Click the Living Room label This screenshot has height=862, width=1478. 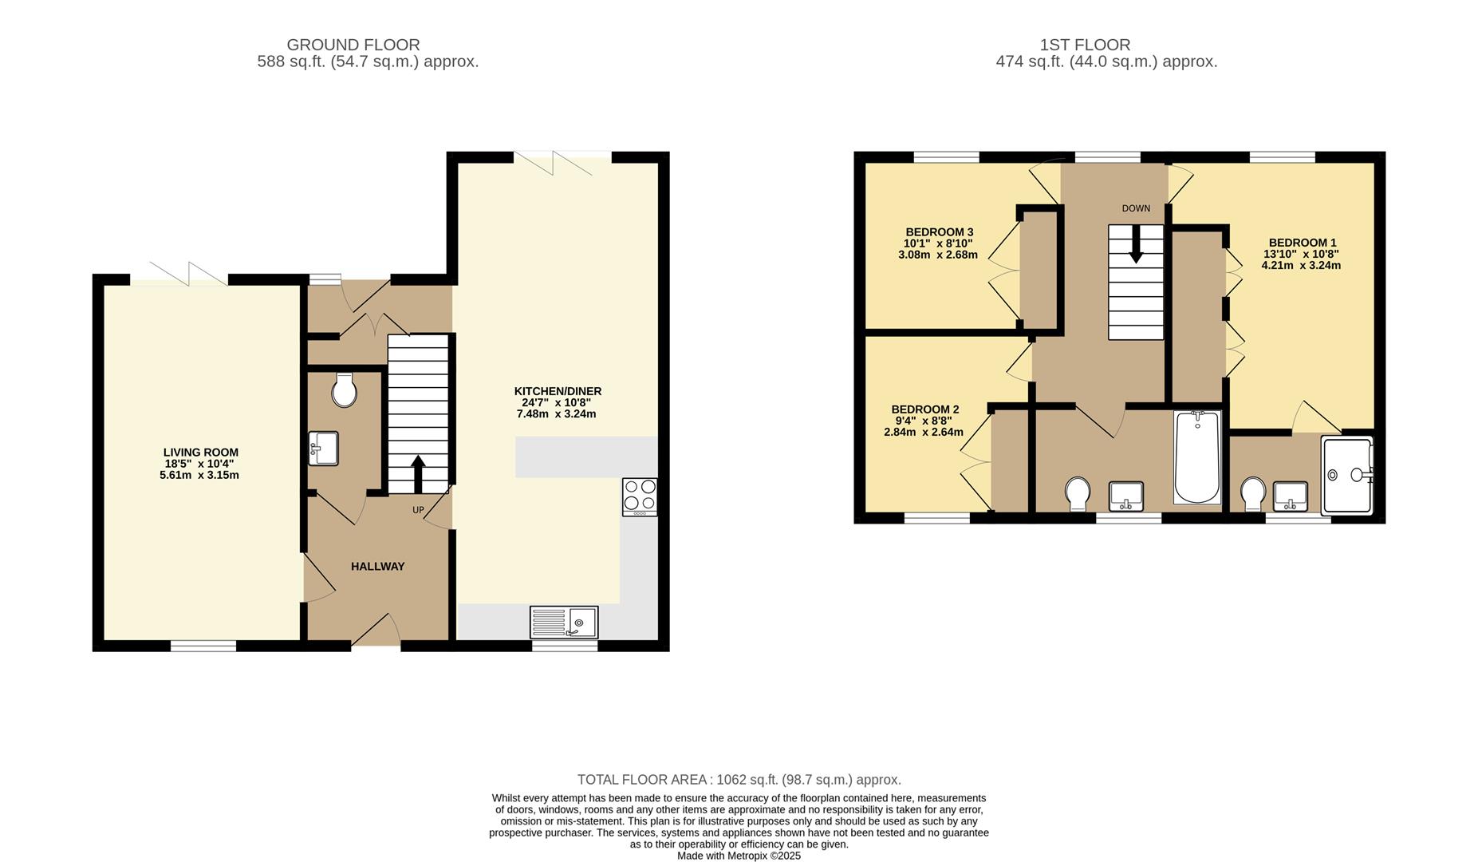pyautogui.click(x=201, y=453)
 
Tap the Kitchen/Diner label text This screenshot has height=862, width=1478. pyautogui.click(x=558, y=391)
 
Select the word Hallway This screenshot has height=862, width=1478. pyautogui.click(x=378, y=567)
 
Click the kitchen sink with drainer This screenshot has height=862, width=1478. pyautogui.click(x=564, y=622)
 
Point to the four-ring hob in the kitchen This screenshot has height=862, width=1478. pyautogui.click(x=640, y=496)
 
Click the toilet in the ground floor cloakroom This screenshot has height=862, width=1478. pyautogui.click(x=345, y=389)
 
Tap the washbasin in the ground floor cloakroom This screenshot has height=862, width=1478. pyautogui.click(x=323, y=448)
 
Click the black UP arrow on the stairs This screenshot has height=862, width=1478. pyautogui.click(x=417, y=475)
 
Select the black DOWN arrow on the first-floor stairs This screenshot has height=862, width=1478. pyautogui.click(x=1136, y=244)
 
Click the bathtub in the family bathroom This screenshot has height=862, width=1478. pyautogui.click(x=1197, y=457)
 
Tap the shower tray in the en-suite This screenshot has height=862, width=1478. pyautogui.click(x=1347, y=475)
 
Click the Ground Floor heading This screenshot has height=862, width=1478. pyautogui.click(x=353, y=45)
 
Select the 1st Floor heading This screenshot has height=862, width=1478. pyautogui.click(x=1085, y=45)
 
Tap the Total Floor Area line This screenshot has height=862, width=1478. pyautogui.click(x=739, y=780)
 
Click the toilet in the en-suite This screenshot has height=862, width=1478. pyautogui.click(x=1253, y=494)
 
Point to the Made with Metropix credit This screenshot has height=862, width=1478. pyautogui.click(x=739, y=856)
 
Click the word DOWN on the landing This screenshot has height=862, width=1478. pyautogui.click(x=1136, y=208)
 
